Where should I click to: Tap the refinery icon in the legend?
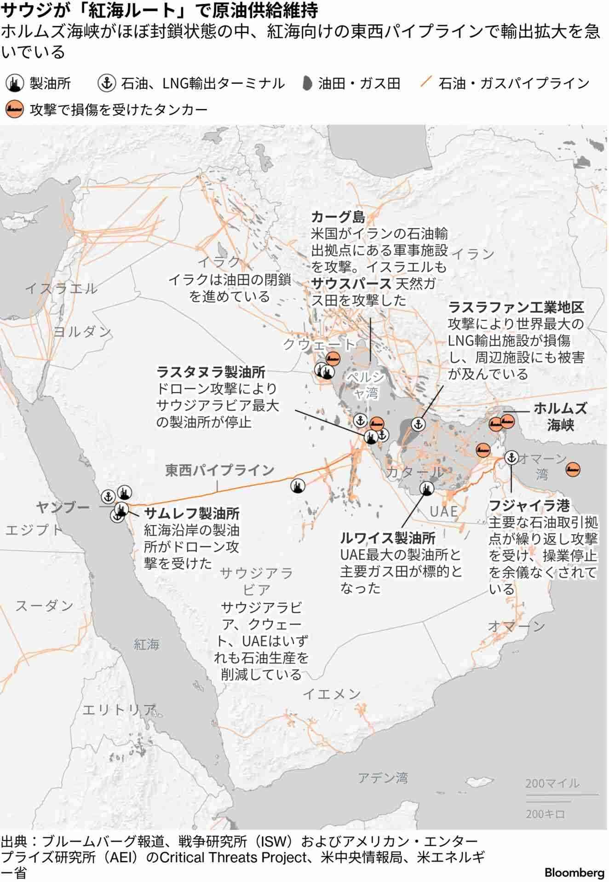15,83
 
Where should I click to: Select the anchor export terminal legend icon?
106,83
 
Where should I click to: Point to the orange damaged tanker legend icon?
15,110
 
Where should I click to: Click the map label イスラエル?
61,288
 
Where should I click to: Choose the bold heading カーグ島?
338,217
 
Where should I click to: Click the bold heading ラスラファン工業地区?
516,307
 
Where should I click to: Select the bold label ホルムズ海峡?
560,416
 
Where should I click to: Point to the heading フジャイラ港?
529,506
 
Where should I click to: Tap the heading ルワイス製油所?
388,537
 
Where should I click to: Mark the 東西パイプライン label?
220,470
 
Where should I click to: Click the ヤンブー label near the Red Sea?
63,507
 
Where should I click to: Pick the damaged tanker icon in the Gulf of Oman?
573,469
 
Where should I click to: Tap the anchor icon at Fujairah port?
511,457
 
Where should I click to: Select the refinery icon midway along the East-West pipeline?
298,485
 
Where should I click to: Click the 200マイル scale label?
552,783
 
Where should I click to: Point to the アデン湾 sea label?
383,778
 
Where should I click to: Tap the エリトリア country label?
119,710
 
